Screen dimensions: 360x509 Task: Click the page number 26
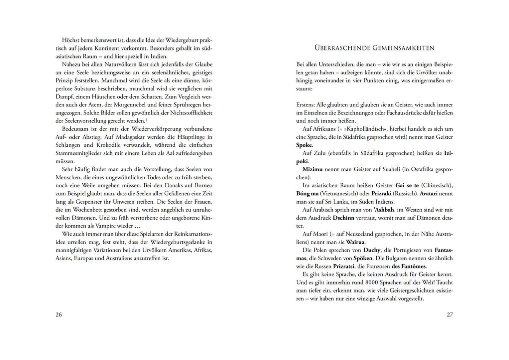pos(59,315)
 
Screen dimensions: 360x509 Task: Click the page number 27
pos(450,315)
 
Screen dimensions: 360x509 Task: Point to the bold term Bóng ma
pos(307,193)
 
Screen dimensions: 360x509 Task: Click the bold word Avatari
pos(429,193)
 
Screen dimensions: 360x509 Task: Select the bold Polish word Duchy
pos(372,250)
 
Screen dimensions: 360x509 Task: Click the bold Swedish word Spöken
pos(363,258)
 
